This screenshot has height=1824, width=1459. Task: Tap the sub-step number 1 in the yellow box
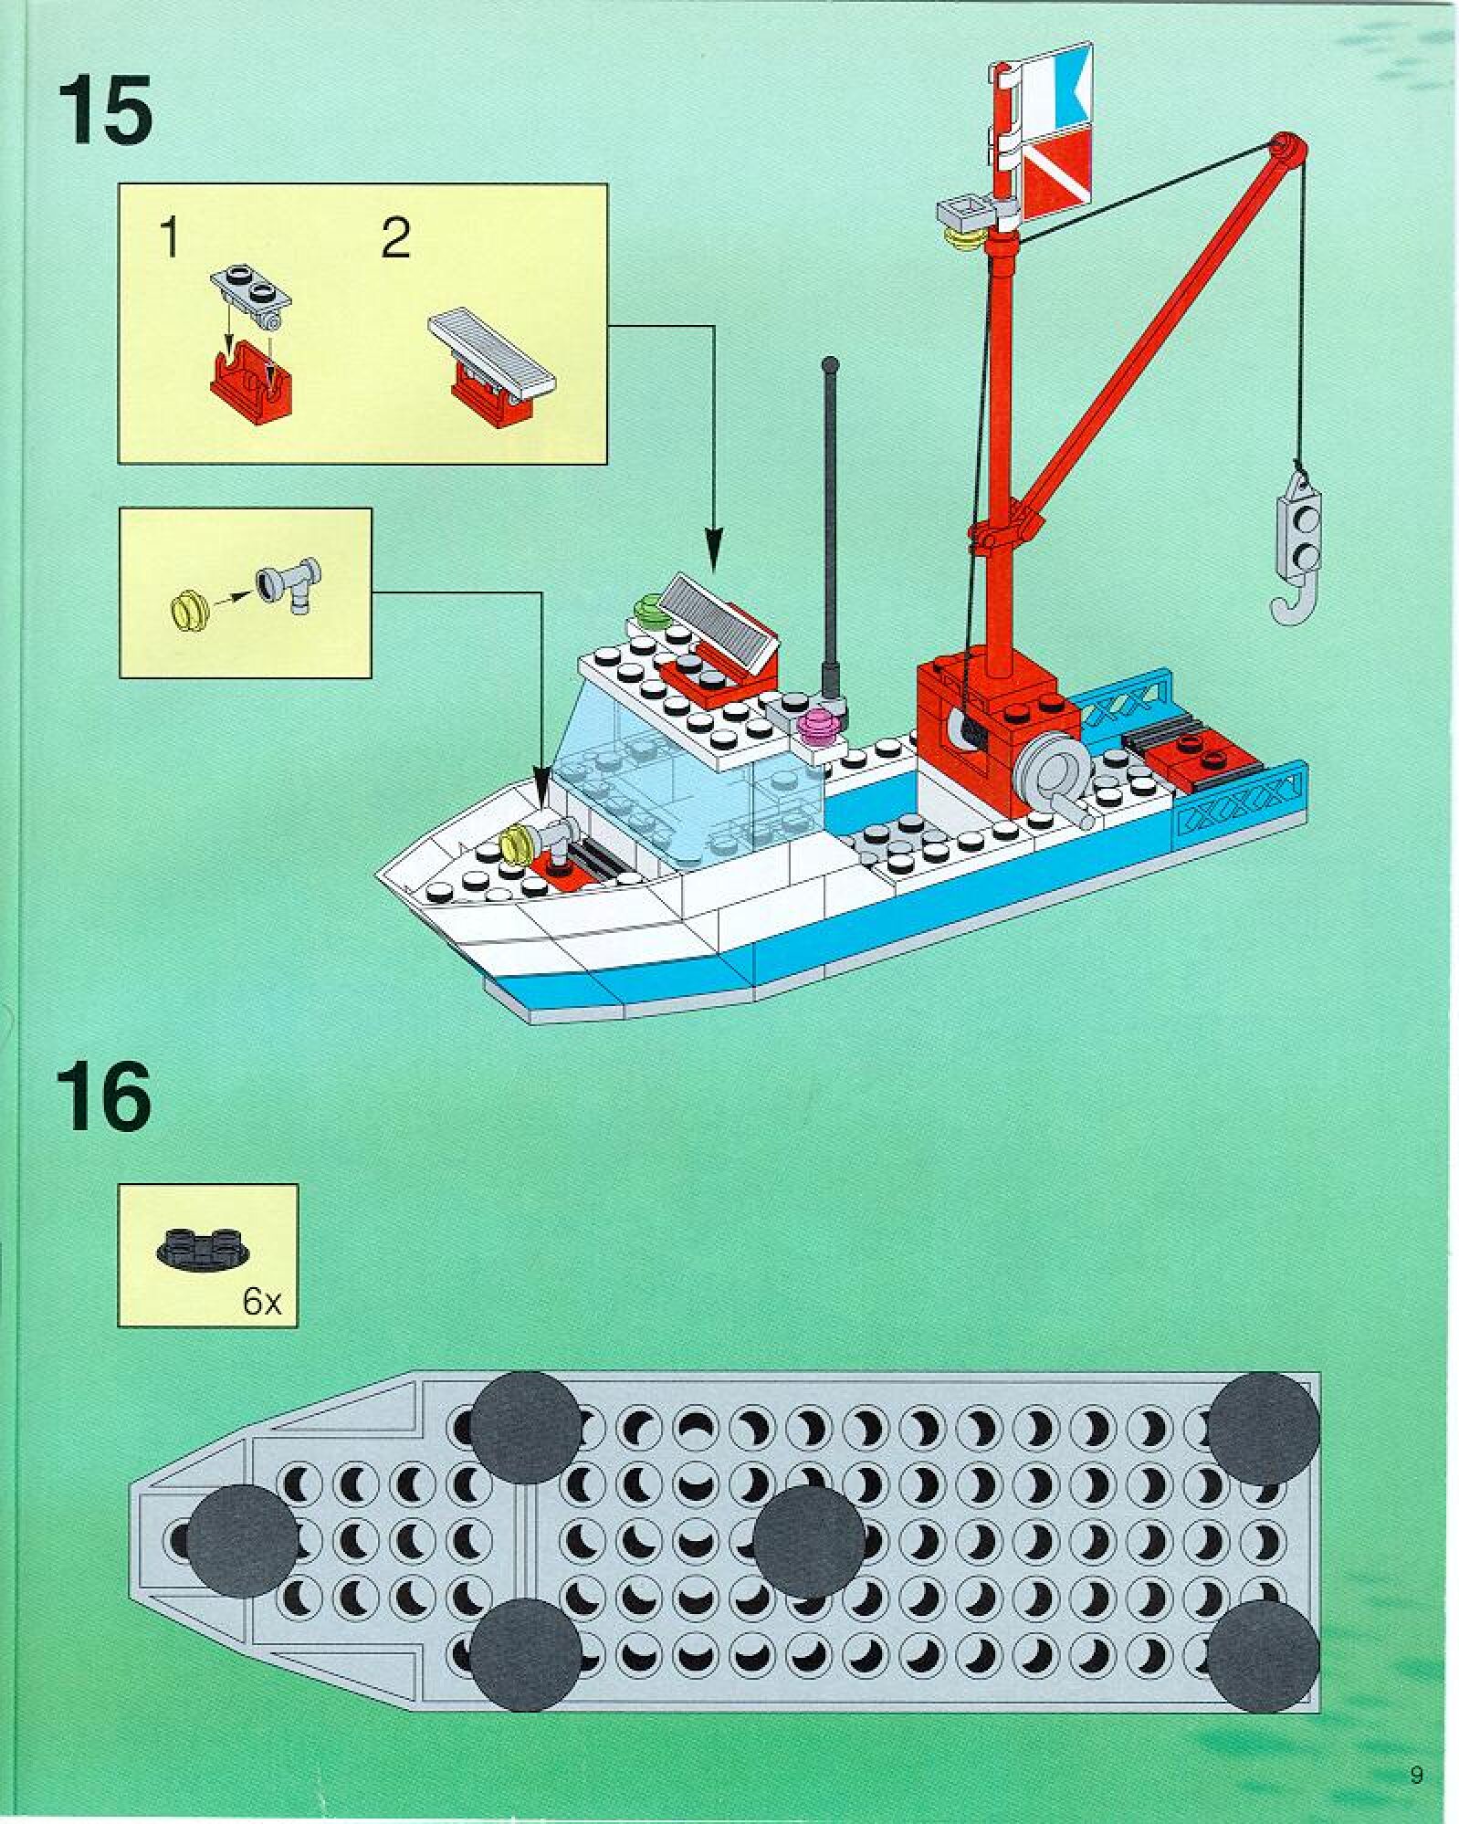click(x=168, y=238)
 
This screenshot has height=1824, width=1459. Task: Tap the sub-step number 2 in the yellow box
click(x=395, y=239)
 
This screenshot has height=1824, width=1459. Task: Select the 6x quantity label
click(x=262, y=1302)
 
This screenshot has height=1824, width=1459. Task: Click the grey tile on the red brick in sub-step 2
click(x=493, y=351)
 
